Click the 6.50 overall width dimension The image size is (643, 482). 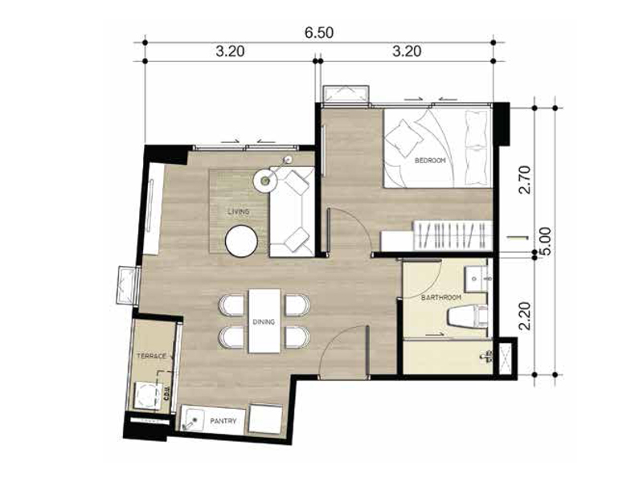coord(318,32)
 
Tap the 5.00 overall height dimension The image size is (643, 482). coord(547,242)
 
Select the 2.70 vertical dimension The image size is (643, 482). coord(525,179)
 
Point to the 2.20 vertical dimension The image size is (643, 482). coord(525,316)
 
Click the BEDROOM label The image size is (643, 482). coord(430,161)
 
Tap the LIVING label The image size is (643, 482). coord(239,211)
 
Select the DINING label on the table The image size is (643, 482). coord(264,322)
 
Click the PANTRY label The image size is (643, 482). coord(223,421)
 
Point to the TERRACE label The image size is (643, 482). coord(151,356)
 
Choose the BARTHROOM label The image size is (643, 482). coord(441,297)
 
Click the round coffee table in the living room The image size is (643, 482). coord(242,242)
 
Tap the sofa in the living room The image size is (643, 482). coord(292,212)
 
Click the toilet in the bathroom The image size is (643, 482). coord(468,317)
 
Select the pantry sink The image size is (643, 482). coord(195,419)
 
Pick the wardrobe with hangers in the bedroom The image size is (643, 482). coord(453,235)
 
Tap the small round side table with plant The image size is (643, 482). coord(266,180)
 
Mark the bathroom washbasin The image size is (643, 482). coord(476,278)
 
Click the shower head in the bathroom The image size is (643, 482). coord(486,357)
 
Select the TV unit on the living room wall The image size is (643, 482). coord(154,209)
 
